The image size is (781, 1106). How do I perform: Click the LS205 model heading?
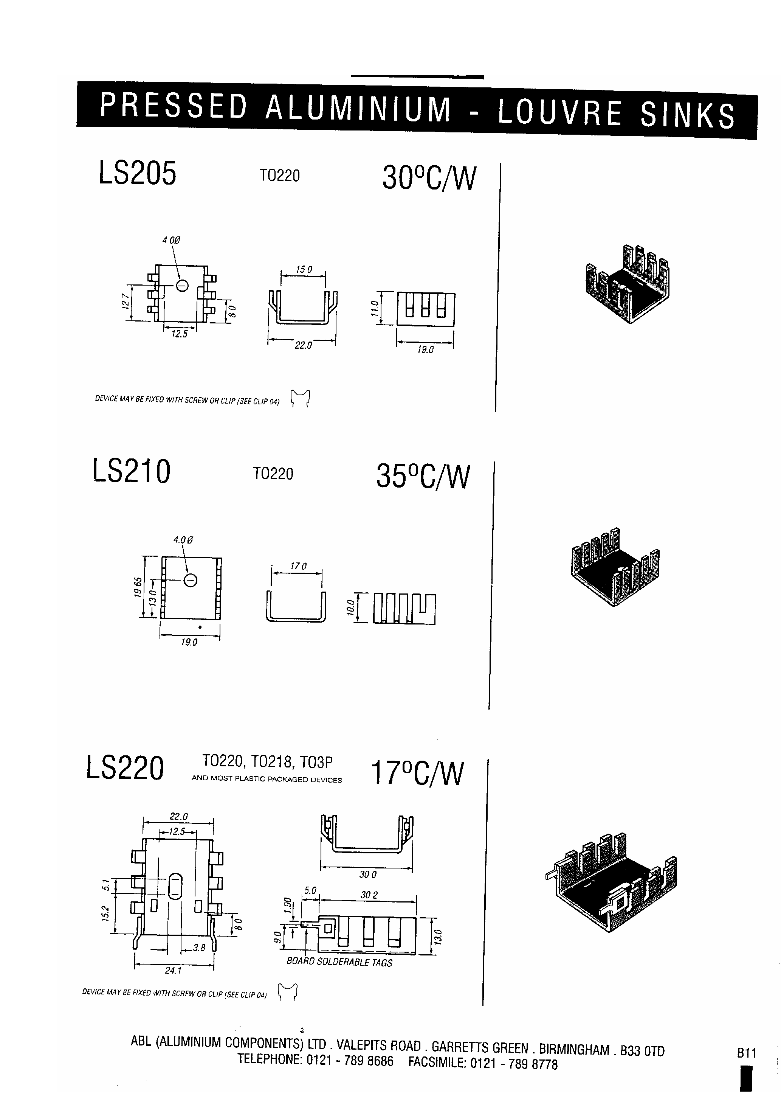(137, 174)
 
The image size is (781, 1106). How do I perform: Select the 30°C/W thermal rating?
(429, 178)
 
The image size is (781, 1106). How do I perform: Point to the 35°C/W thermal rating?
(422, 477)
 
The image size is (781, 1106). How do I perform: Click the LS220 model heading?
(125, 768)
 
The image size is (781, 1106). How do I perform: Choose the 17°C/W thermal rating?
(417, 773)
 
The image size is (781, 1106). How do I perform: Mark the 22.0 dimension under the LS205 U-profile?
(303, 345)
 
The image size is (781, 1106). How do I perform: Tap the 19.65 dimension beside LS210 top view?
(138, 587)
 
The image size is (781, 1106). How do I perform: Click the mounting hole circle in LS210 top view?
(191, 581)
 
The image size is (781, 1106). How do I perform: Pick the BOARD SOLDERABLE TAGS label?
(339, 962)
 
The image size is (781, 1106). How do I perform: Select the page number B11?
(746, 1053)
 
